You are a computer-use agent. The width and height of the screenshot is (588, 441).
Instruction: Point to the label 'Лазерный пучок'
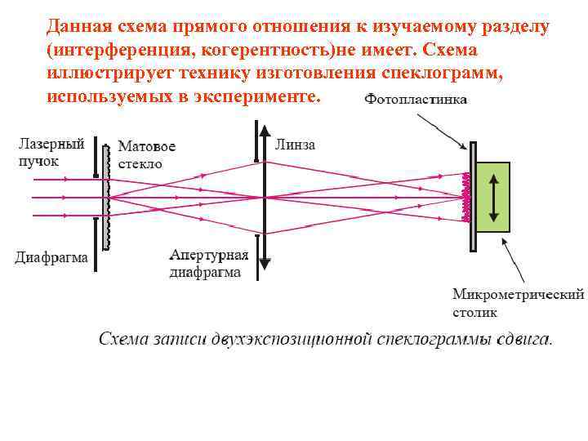51,152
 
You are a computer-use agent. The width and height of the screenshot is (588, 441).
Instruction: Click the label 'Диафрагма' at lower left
51,258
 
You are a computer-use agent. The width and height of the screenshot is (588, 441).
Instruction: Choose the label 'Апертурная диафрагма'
208,264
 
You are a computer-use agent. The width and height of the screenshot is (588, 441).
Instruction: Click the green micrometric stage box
492,197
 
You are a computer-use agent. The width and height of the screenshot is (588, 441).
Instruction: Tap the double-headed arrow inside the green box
492,197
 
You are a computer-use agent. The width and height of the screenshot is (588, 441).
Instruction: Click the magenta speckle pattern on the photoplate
466,198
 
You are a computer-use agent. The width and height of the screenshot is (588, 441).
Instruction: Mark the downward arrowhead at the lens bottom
265,263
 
